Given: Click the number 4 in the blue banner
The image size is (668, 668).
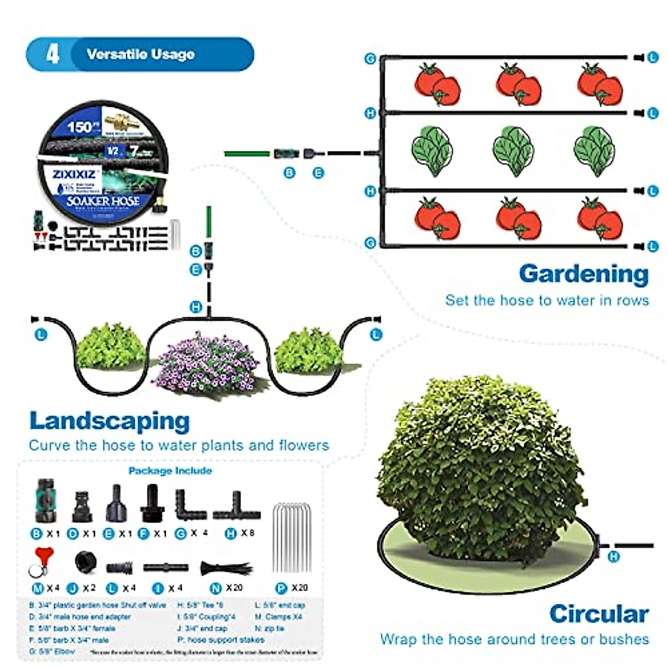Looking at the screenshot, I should (x=52, y=54).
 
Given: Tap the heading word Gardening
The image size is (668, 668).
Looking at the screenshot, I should (x=583, y=274).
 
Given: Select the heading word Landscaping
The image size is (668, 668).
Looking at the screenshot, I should (x=109, y=421).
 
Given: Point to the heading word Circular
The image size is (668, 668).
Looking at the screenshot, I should (x=598, y=614).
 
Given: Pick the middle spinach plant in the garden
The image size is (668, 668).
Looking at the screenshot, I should (x=513, y=150).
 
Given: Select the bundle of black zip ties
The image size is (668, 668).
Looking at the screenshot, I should (x=225, y=568).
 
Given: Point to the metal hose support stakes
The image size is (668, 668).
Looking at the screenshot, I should (x=291, y=537).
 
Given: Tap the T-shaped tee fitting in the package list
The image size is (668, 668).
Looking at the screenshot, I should (x=237, y=507).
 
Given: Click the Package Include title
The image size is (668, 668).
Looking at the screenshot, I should (x=170, y=471).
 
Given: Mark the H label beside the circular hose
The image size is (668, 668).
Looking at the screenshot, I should (x=613, y=556).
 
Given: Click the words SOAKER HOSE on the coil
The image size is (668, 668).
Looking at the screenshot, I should (x=103, y=201).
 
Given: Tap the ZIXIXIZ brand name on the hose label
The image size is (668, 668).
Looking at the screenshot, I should (x=74, y=174).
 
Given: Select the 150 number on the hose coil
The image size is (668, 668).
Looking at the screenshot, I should (x=79, y=127).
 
